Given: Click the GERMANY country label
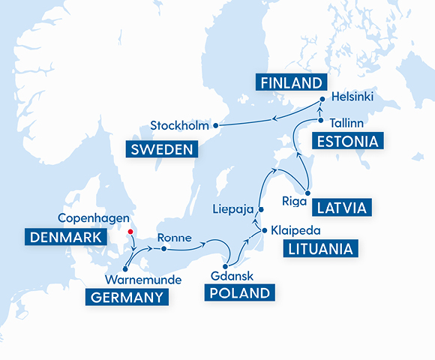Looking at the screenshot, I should point(127,298).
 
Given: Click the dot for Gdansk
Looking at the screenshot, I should point(225,257).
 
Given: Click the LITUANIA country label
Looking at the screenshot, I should point(318,249).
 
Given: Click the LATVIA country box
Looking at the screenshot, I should point(342,206).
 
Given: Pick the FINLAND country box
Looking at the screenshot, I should point(291,82).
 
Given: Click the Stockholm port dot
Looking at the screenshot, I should point(215,124).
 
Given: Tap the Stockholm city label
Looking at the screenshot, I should point(179,124).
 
